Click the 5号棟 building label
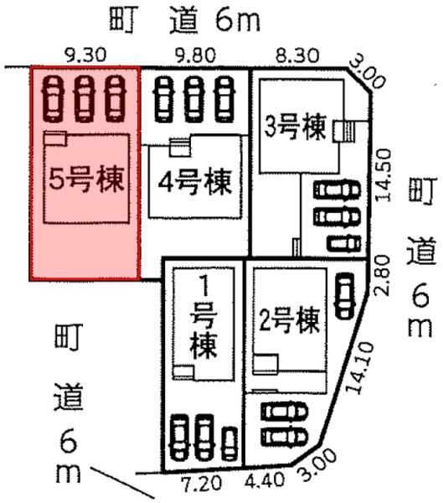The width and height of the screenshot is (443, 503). coord(86,179)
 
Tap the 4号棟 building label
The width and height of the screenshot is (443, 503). coord(195,182)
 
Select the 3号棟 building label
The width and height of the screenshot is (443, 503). coord(295,127)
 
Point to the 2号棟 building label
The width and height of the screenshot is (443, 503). coord(289,320)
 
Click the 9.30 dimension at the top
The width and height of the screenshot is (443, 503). coord(85,55)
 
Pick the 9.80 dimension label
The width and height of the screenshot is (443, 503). coord(195,55)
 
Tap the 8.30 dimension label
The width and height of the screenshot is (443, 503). coord(298,55)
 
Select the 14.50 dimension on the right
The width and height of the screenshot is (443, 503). coord(384,175)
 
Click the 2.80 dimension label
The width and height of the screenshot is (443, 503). coord(382,275)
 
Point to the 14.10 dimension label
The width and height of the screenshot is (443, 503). coord(359,368)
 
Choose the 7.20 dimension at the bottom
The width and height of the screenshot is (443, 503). coord(201,483)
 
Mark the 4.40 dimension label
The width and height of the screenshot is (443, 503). coord(265,480)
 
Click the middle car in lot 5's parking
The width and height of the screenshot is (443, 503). coord(85,98)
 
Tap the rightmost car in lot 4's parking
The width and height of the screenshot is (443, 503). coord(225,100)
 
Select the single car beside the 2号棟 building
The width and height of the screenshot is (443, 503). coord(344,295)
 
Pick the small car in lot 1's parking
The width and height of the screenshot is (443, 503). coord(230,443)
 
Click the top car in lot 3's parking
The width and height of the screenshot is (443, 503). coord(337,190)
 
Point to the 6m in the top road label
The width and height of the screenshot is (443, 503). coord(238,20)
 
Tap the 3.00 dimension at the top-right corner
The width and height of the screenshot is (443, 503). coord(368,74)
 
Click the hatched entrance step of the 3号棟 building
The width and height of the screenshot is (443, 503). coord(349,131)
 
